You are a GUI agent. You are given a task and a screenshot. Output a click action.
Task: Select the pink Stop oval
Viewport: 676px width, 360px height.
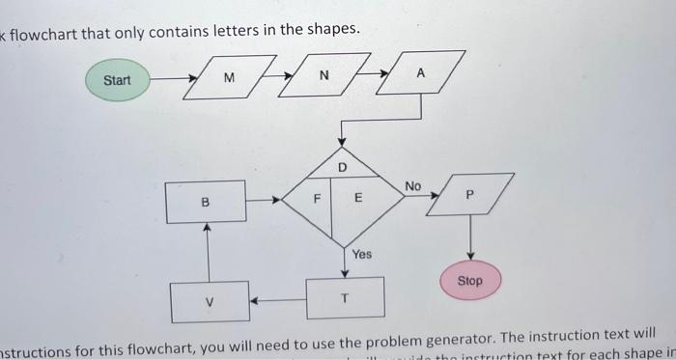(x=469, y=281)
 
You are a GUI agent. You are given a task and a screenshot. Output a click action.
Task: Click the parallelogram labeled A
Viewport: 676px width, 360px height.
(x=420, y=73)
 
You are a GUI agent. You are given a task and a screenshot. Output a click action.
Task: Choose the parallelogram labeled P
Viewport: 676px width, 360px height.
(x=470, y=195)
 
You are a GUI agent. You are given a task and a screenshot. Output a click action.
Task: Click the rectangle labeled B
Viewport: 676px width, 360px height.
(x=205, y=202)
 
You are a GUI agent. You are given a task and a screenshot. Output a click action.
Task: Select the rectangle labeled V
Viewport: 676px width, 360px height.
(x=210, y=301)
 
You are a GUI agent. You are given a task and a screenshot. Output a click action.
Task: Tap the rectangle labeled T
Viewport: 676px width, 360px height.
(x=345, y=298)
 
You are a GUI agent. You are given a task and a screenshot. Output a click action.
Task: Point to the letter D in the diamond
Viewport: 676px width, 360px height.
(x=342, y=168)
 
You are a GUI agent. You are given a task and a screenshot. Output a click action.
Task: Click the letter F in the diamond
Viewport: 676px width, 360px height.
(x=316, y=200)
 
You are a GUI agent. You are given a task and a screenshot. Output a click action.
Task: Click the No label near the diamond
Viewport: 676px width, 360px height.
(x=413, y=185)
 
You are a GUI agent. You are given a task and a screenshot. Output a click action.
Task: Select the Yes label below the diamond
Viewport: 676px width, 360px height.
(x=361, y=254)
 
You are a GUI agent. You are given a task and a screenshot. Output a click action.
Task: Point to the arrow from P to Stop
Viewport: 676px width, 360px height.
(x=470, y=236)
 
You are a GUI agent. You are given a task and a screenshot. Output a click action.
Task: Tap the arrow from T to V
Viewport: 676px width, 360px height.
(x=278, y=299)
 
